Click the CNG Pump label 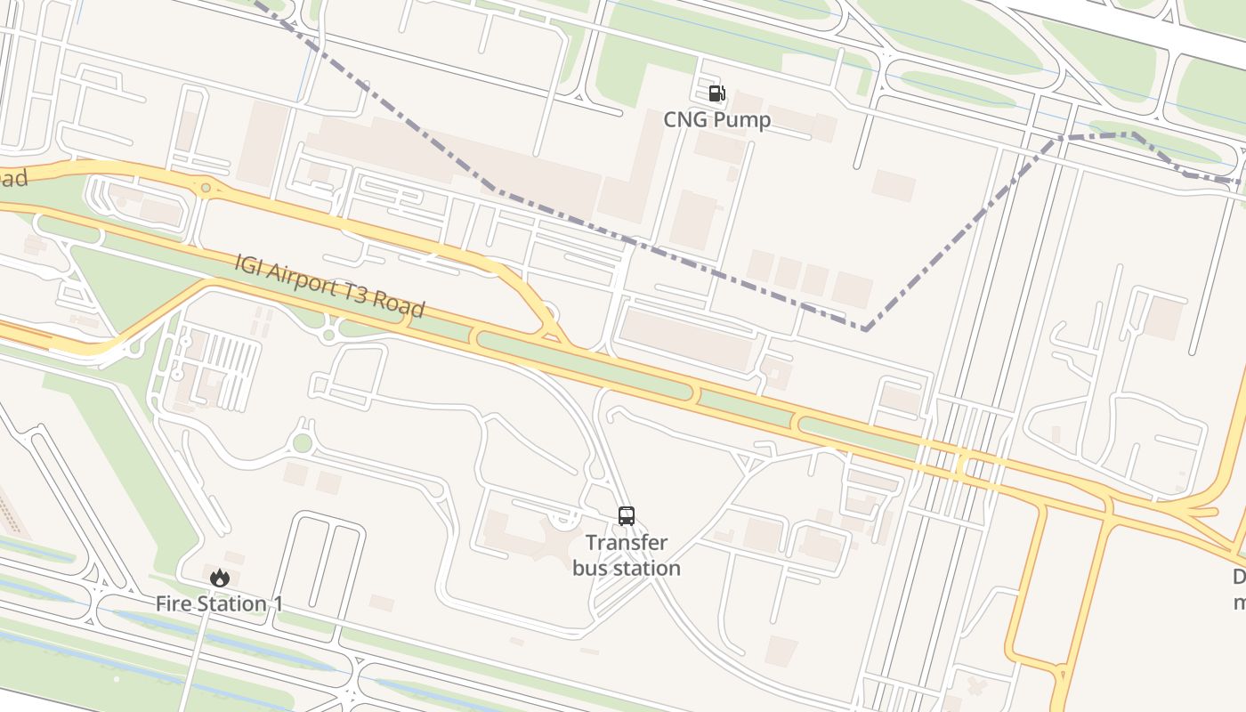click(716, 119)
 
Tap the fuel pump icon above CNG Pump click(716, 93)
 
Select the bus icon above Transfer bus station click(627, 516)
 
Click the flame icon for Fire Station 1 click(219, 578)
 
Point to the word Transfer click(627, 543)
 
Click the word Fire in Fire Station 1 click(174, 604)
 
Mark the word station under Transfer click(648, 568)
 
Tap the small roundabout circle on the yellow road click(206, 188)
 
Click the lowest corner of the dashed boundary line click(865, 329)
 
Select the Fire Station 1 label click(219, 604)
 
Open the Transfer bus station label click(627, 555)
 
